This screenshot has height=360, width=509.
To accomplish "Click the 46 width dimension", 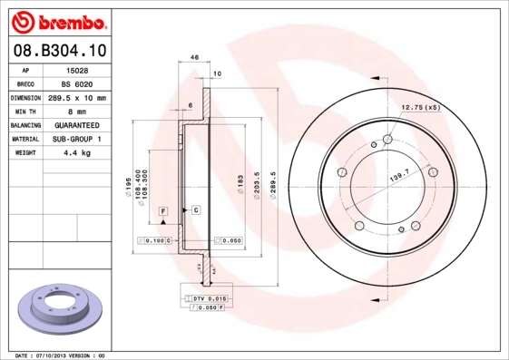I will tap(195, 57).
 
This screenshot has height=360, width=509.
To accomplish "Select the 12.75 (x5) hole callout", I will tap(421, 107).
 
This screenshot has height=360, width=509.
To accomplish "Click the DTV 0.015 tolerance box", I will tap(208, 298).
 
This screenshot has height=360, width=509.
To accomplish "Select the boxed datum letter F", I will tap(163, 210).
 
